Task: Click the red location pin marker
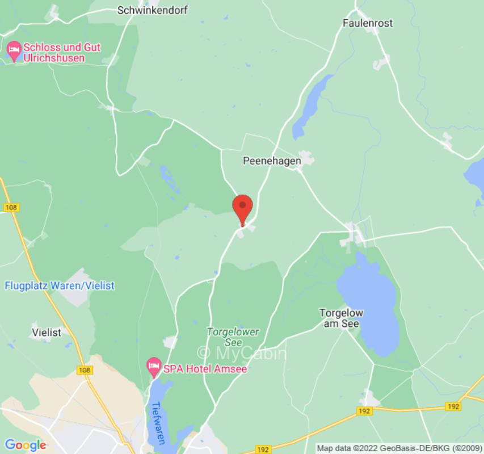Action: (x=243, y=207)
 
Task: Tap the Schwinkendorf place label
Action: (x=152, y=10)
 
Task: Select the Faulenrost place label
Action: (x=368, y=23)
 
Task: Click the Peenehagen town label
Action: (x=272, y=161)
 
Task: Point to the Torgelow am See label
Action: (x=341, y=318)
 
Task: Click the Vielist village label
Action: (x=47, y=333)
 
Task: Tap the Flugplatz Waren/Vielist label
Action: (x=60, y=285)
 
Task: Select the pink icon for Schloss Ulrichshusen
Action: (x=13, y=49)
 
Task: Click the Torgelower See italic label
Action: (x=233, y=337)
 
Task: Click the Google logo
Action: (x=25, y=445)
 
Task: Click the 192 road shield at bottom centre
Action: (x=262, y=449)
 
